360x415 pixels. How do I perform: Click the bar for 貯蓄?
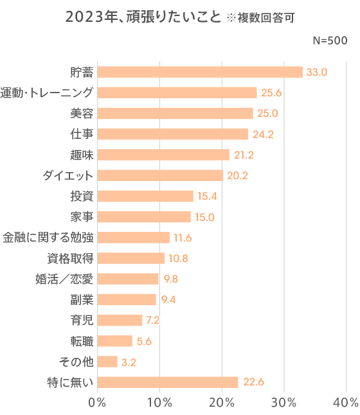(200, 72)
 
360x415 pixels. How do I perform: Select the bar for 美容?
(175, 114)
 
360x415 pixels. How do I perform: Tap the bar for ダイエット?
(161, 175)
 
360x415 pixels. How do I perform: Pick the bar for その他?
(107, 362)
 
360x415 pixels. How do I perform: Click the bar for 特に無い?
(168, 382)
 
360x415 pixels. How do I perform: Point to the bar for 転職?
(115, 341)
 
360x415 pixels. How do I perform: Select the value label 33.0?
(317, 72)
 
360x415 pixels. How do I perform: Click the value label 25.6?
(271, 93)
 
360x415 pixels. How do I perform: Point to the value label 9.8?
(170, 279)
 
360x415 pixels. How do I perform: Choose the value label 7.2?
(154, 321)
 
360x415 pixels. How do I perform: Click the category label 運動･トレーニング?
(48, 93)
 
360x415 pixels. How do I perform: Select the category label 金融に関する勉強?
(48, 238)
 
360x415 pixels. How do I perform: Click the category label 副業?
(82, 299)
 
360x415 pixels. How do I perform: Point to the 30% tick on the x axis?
(283, 403)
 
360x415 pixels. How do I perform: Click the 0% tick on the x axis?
(97, 403)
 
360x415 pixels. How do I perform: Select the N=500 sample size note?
(330, 40)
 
